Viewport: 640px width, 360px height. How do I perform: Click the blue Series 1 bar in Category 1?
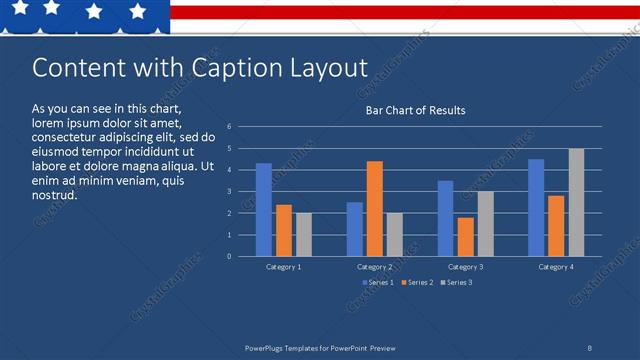(264, 210)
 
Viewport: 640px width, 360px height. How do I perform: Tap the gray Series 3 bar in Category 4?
(576, 203)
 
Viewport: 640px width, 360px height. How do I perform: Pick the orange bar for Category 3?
(465, 237)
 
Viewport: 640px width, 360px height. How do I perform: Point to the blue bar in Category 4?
(536, 208)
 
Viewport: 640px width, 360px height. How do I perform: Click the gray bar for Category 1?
(304, 235)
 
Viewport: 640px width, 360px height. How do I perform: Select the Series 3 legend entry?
(456, 283)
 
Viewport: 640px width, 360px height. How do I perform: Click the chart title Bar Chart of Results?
(414, 110)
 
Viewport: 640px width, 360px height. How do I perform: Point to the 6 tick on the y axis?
(229, 127)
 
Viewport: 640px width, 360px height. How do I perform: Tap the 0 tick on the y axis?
(229, 256)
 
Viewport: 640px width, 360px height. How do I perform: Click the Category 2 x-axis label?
(374, 267)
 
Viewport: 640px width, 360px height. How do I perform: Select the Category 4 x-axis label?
(556, 267)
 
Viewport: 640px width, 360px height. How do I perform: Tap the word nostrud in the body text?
(55, 194)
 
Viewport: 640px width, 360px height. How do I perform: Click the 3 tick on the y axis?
(229, 192)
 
